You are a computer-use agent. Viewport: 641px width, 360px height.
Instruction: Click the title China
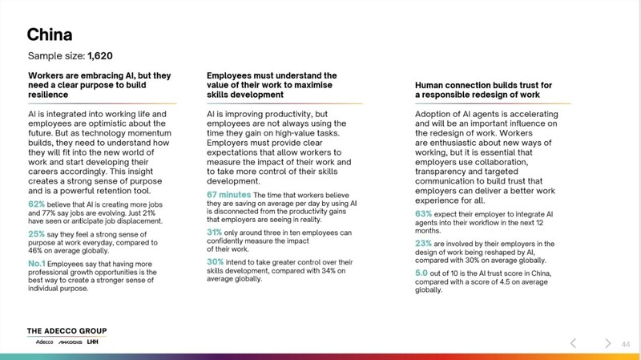click(x=50, y=34)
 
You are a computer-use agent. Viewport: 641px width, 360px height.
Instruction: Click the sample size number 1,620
click(x=100, y=56)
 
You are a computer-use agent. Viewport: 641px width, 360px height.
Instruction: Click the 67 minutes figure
click(x=229, y=195)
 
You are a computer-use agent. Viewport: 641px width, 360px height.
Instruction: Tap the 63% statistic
click(x=424, y=214)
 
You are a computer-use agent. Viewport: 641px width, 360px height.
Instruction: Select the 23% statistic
click(x=424, y=243)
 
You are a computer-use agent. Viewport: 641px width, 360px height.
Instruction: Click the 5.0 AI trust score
click(x=422, y=273)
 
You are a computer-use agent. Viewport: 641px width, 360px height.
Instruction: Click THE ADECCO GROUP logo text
click(x=67, y=331)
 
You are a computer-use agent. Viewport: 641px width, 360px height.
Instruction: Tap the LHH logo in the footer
click(x=93, y=342)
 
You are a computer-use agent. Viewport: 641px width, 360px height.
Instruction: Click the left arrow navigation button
click(x=573, y=343)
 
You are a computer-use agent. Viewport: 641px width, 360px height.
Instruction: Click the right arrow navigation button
click(x=608, y=343)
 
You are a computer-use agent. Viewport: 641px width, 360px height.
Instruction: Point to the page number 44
click(x=627, y=344)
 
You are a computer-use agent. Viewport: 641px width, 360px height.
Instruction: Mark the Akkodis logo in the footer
click(x=71, y=342)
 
